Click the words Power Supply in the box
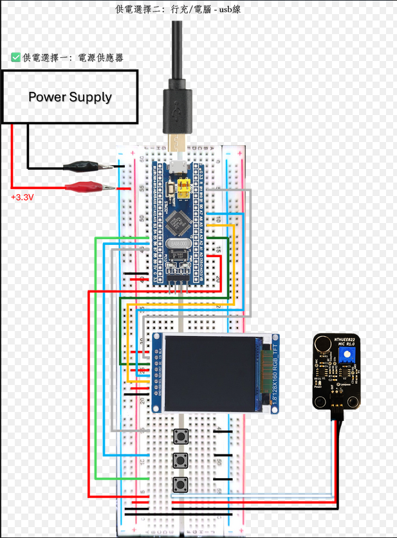[x=69, y=97]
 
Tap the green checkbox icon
[x=16, y=57]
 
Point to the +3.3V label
[x=22, y=197]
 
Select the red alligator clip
[x=84, y=188]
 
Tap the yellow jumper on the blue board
[x=185, y=189]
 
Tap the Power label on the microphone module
[x=318, y=387]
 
